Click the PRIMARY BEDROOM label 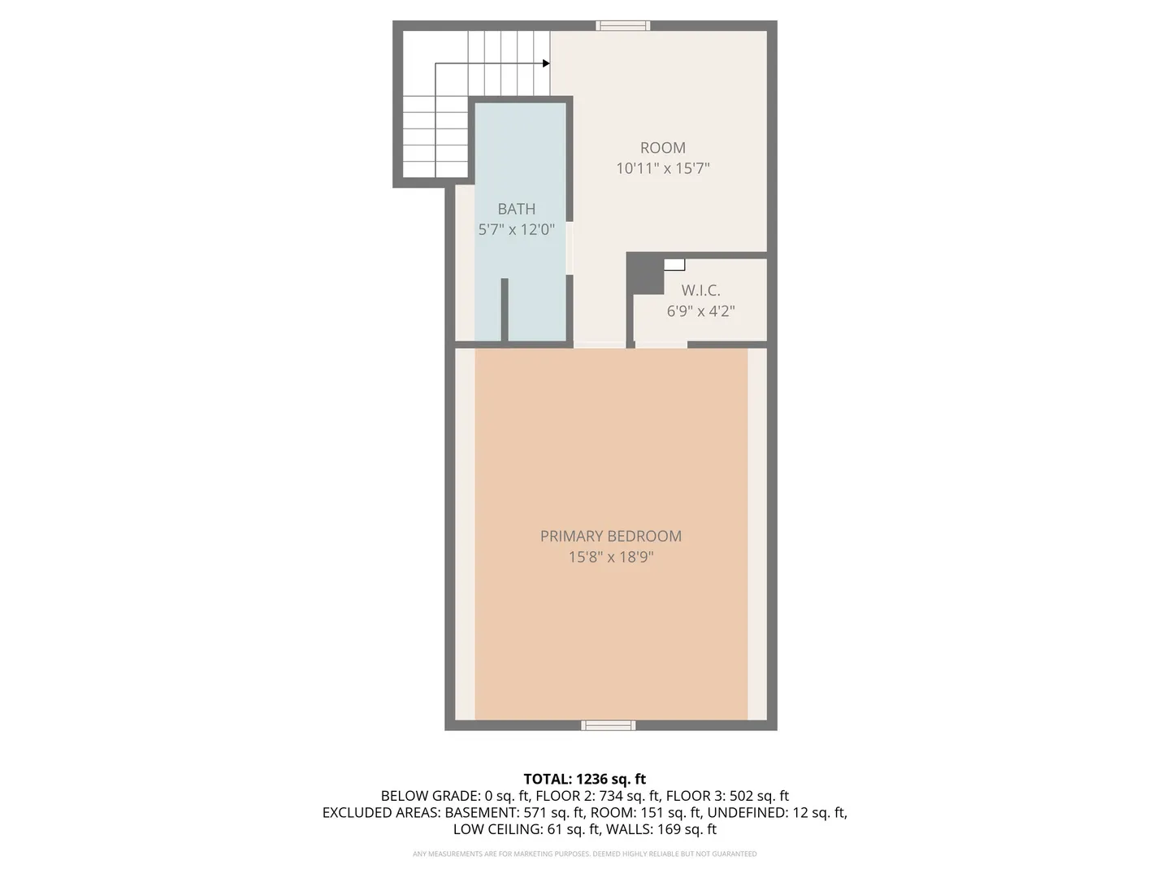point(610,536)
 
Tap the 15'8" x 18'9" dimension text point(610,557)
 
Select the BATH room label point(516,209)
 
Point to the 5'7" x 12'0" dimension point(516,229)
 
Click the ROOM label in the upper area point(662,147)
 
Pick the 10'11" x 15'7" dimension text point(662,168)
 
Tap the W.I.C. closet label point(700,290)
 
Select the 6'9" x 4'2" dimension point(700,311)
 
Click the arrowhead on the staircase point(546,63)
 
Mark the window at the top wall point(623,26)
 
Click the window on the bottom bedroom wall point(608,725)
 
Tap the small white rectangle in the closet point(674,264)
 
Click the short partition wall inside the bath point(505,310)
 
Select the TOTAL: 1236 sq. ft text point(584,779)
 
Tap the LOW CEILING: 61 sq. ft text point(526,829)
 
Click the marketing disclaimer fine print point(584,854)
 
